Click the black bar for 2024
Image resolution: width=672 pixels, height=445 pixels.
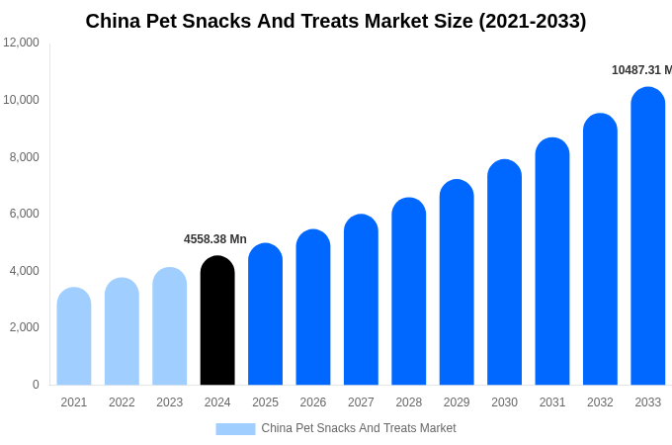point(217,320)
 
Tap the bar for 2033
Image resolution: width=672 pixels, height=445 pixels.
point(647,236)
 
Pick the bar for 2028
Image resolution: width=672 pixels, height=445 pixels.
point(408,292)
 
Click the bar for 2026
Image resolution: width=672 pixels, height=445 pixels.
point(313,308)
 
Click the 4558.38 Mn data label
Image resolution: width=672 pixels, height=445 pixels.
point(215,239)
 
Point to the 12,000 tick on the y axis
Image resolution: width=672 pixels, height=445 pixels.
point(22,43)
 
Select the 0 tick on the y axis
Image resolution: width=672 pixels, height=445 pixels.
point(36,385)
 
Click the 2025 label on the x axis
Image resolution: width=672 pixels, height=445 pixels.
point(265,402)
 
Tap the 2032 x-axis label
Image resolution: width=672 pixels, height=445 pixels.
point(600,402)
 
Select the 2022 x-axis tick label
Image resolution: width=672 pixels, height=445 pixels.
point(122,402)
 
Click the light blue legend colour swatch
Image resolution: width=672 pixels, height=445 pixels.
point(235,429)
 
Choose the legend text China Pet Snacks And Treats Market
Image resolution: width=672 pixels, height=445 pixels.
point(359,428)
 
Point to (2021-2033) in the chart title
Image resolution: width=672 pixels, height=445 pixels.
point(532,21)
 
